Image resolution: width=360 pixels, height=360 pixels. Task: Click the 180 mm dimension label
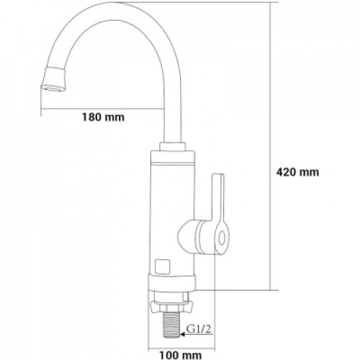click(x=103, y=117)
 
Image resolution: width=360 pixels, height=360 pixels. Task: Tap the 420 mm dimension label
click(x=297, y=172)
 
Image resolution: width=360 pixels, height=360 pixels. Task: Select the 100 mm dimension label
click(x=181, y=355)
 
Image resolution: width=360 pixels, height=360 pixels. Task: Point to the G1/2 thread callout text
click(x=199, y=329)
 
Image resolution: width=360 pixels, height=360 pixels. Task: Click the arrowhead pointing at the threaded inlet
click(x=183, y=334)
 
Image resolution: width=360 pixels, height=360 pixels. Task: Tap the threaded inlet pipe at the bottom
click(x=171, y=326)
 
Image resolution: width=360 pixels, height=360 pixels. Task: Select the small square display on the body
click(x=163, y=266)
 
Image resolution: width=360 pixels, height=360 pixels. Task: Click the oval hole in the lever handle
click(x=222, y=238)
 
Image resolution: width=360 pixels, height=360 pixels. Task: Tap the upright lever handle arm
click(x=218, y=197)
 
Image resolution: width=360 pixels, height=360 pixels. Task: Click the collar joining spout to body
click(x=172, y=146)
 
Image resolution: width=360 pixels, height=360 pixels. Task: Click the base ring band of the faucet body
click(x=172, y=282)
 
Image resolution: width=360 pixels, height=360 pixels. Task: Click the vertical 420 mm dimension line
click(x=271, y=146)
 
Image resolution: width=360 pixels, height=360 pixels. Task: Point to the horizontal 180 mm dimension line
click(x=103, y=109)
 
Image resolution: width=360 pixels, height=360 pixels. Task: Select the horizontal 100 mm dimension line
click(x=181, y=348)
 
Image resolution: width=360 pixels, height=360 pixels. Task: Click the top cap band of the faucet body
click(x=172, y=156)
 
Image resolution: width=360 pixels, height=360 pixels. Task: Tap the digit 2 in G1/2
click(x=207, y=329)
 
